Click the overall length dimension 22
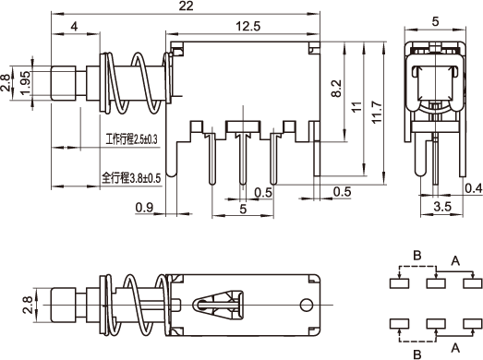(186, 6)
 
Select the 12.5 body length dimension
(248, 26)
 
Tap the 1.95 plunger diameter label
(26, 82)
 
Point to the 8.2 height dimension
(336, 89)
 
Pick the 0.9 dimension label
(144, 208)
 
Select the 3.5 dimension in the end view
(442, 207)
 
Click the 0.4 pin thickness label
(474, 188)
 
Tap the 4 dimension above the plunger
(74, 27)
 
